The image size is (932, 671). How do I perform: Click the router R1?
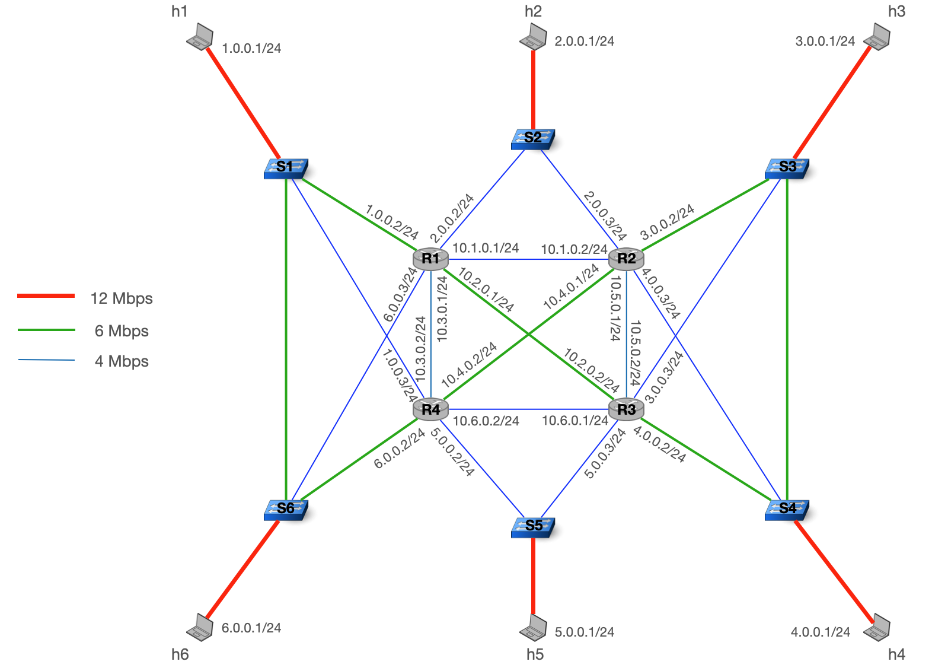(x=430, y=259)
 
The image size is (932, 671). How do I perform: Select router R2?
(x=626, y=259)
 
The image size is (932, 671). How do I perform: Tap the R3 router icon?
(x=626, y=409)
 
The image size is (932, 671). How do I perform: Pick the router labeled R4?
(x=430, y=409)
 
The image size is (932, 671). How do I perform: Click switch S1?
(x=285, y=167)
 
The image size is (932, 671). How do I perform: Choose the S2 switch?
(x=532, y=138)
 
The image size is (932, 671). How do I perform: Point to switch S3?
(x=787, y=167)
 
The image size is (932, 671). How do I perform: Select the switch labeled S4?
(x=787, y=509)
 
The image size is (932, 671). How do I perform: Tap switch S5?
(x=532, y=526)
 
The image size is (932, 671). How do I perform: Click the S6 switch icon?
(x=285, y=509)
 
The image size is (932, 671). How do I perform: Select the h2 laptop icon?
(x=533, y=36)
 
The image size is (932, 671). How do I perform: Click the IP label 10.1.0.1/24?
(x=486, y=248)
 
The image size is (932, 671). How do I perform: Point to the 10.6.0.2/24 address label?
(x=486, y=421)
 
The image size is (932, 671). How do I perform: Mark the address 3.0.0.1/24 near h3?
(x=825, y=41)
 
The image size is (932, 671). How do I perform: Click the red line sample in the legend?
(x=46, y=295)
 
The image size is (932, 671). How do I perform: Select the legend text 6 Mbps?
(x=122, y=331)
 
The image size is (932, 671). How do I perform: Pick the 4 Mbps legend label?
(x=122, y=361)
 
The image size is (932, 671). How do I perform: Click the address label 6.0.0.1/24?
(x=251, y=628)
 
